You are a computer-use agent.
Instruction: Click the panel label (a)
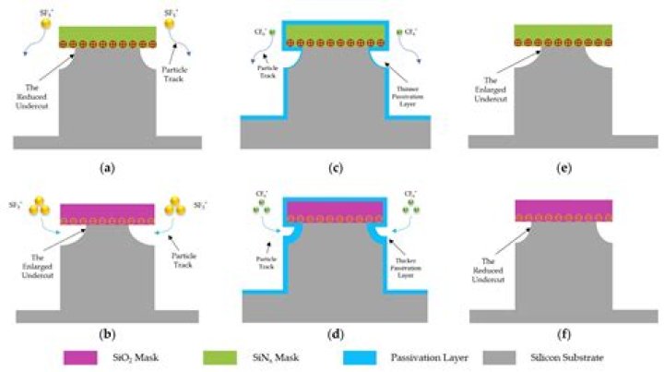(x=109, y=168)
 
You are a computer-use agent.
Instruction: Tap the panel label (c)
(x=335, y=168)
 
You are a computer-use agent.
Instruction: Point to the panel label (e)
(x=563, y=168)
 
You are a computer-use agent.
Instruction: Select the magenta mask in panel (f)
(x=563, y=207)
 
